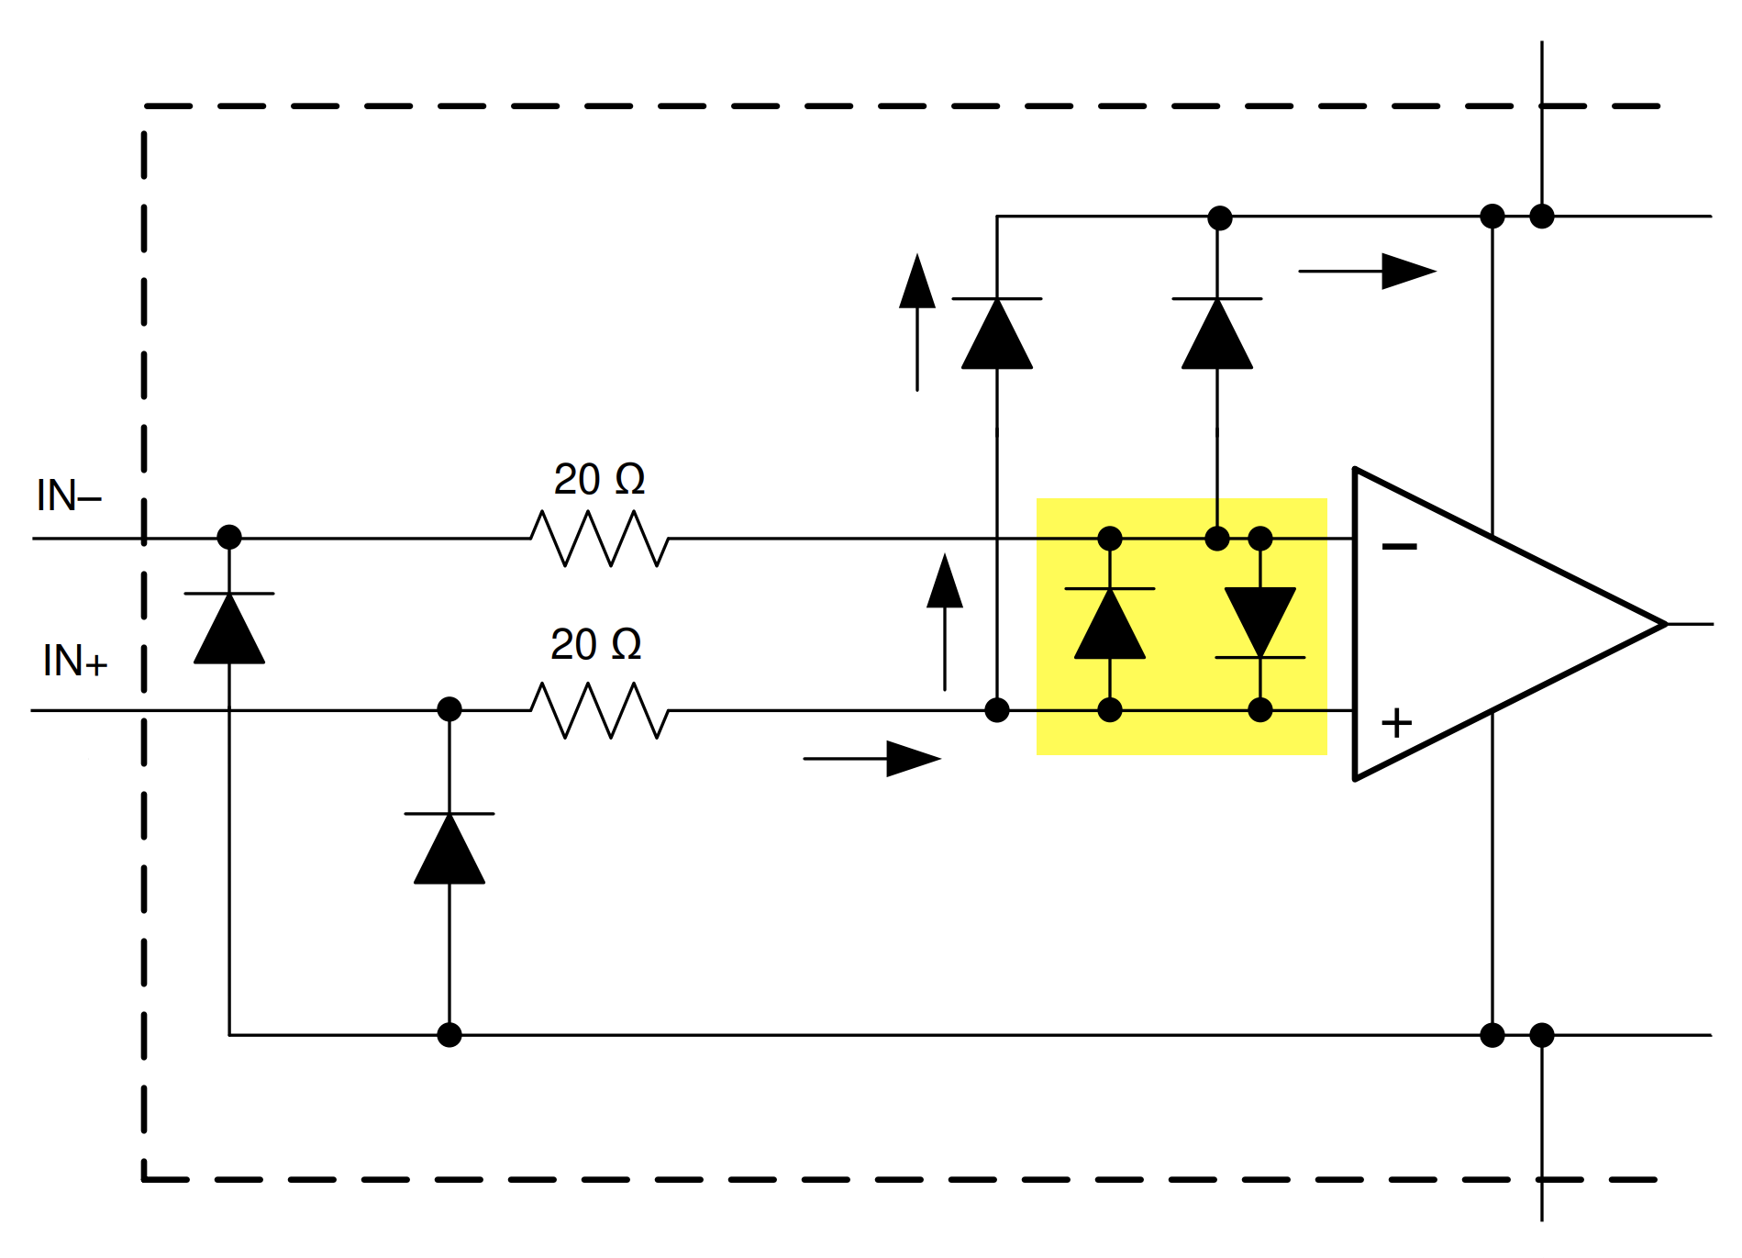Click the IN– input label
pos(69,496)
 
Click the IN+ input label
pos(75,662)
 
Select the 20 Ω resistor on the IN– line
pos(599,539)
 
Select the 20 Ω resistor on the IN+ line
pos(599,710)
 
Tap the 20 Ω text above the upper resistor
pos(599,479)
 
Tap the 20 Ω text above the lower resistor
pos(595,644)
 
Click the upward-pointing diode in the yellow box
pos(1110,624)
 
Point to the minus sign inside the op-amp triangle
pos(1399,547)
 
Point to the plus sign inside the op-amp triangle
pos(1396,723)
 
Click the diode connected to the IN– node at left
pos(229,628)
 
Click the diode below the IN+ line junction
pos(449,848)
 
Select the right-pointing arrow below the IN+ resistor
pos(871,759)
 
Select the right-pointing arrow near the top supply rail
pos(1367,272)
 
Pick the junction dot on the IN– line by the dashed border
pos(229,537)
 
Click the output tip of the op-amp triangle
pos(1664,624)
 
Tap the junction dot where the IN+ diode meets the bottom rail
pos(449,1035)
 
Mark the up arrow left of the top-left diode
pos(917,321)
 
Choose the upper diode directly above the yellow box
pos(1217,333)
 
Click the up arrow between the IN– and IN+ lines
pos(945,621)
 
